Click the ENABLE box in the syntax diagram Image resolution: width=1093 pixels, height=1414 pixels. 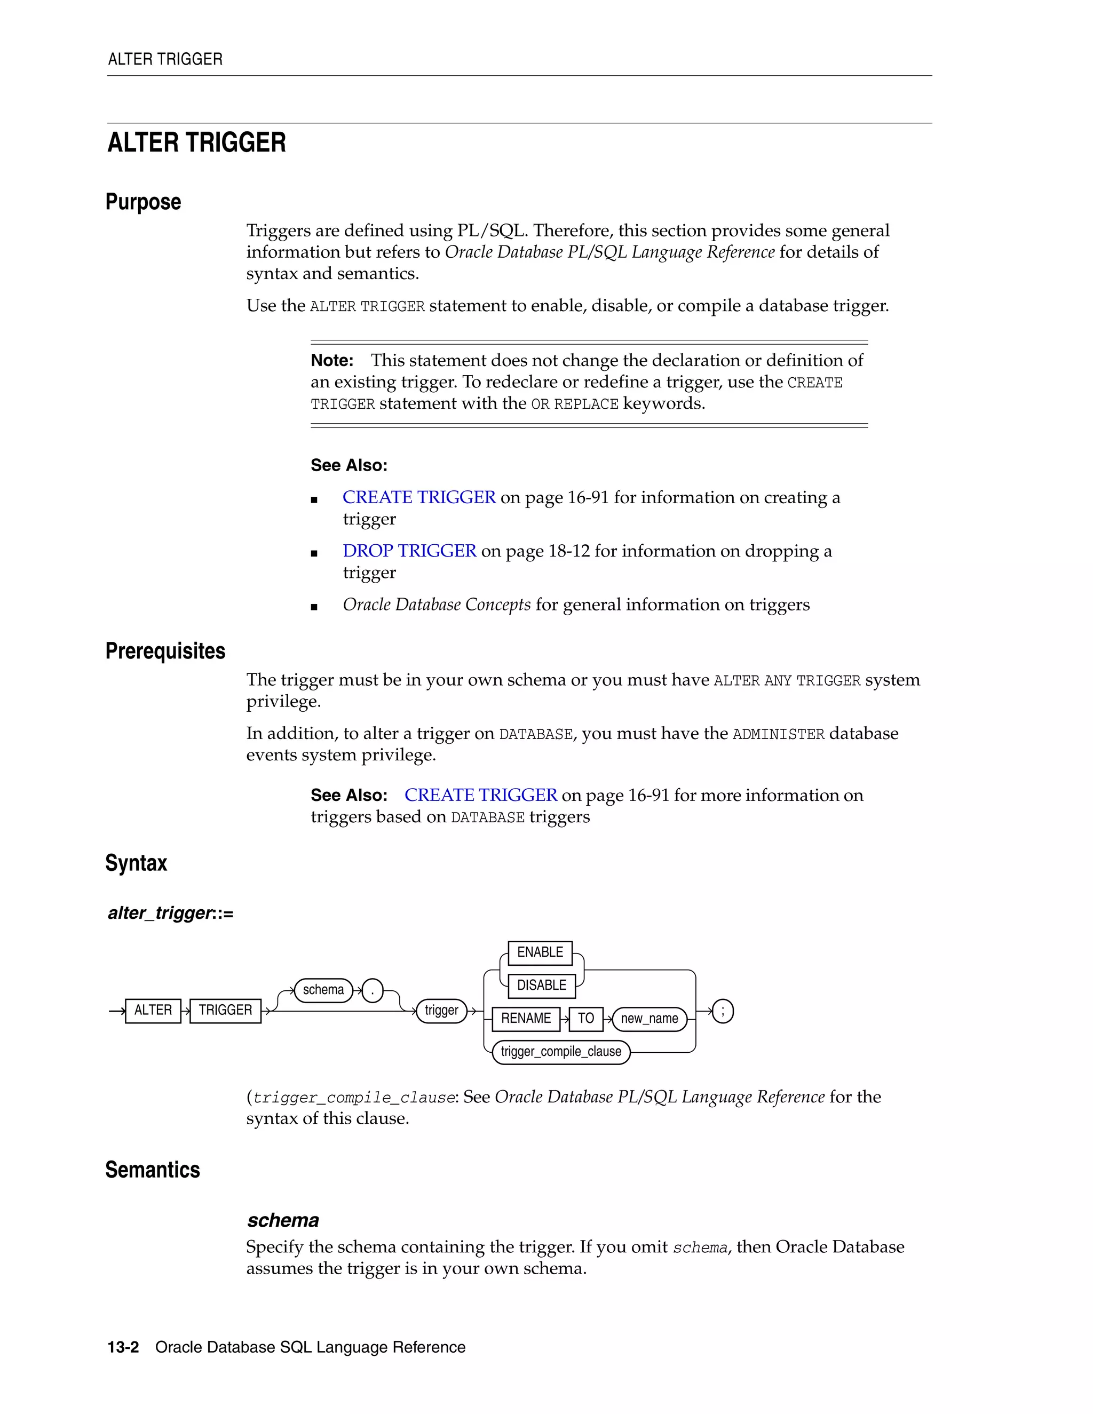(540, 952)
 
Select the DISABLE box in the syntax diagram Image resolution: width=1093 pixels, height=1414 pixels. (541, 986)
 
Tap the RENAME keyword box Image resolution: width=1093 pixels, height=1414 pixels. (526, 1019)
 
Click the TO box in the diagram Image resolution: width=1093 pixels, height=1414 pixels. (586, 1019)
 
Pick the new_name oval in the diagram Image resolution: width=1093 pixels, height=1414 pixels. (650, 1019)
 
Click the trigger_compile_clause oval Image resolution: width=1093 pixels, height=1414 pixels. (561, 1052)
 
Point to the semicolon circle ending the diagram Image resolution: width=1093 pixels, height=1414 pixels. (723, 1011)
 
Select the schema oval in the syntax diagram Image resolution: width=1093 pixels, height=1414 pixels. (323, 990)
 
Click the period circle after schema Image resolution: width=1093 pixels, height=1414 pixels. (373, 990)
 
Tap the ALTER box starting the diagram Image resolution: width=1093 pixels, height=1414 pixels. (153, 1011)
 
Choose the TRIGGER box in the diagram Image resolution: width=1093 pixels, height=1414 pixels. (225, 1011)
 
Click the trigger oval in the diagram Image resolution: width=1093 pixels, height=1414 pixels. (441, 1011)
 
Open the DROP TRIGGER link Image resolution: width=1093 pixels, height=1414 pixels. (409, 551)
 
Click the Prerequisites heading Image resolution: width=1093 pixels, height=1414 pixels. (165, 650)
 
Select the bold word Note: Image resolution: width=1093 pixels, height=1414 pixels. (332, 361)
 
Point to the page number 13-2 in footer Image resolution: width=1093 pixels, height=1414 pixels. (123, 1347)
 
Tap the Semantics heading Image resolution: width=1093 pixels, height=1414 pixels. (153, 1170)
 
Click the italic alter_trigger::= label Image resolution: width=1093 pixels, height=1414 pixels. (170, 913)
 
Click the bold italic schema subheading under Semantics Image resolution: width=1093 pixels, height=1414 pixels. (283, 1220)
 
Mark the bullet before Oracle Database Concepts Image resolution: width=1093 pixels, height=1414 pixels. (314, 607)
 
